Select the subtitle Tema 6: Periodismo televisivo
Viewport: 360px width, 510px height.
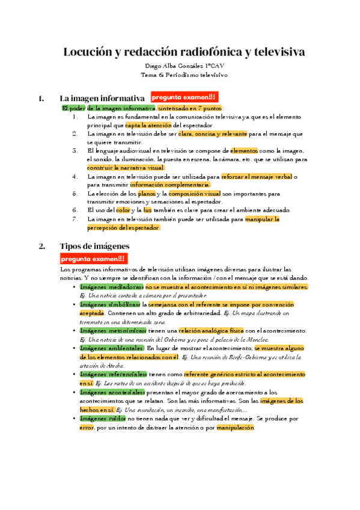pyautogui.click(x=180, y=75)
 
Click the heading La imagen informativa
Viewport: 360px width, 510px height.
pyautogui.click(x=102, y=98)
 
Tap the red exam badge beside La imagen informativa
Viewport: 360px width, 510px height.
pyautogui.click(x=183, y=97)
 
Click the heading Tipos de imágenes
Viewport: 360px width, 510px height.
pyautogui.click(x=94, y=246)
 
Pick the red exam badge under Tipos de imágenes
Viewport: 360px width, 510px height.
pyautogui.click(x=94, y=259)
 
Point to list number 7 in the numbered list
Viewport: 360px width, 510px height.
pyautogui.click(x=75, y=220)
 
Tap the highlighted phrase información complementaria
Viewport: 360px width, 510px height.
pyautogui.click(x=169, y=185)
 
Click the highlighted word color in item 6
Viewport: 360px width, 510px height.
pyautogui.click(x=123, y=210)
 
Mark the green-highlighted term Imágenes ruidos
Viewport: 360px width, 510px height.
pyautogui.click(x=102, y=418)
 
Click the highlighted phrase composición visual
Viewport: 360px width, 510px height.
pyautogui.click(x=195, y=194)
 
